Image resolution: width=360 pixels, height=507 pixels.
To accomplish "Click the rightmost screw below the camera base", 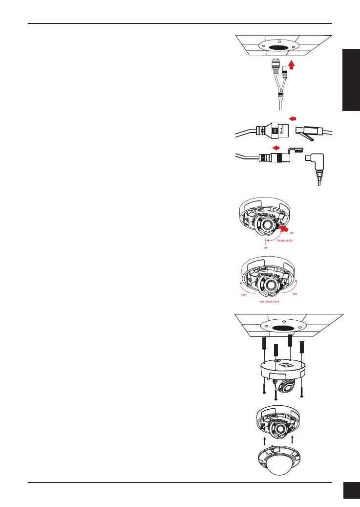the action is (302, 392).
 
